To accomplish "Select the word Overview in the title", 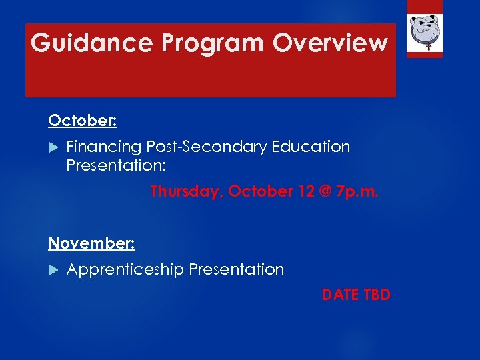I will pos(331,43).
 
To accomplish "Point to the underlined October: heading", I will pos(83,121).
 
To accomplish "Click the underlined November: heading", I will pos(91,243).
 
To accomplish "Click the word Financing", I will pos(105,147).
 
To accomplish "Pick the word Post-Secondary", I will pos(207,147).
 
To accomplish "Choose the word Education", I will pos(311,147).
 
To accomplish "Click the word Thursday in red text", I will pos(186,191).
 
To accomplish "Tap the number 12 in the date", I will pos(307,191).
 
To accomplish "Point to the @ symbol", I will pos(327,191).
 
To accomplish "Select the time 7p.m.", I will pos(358,191).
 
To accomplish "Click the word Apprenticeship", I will pos(125,269).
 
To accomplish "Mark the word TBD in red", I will pos(375,295).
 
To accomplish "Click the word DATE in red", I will pos(339,295).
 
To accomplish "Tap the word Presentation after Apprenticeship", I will pos(237,269).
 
